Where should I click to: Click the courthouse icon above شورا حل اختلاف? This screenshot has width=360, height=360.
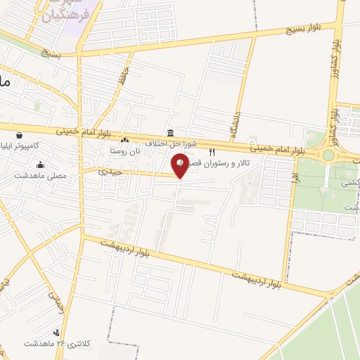[171, 134]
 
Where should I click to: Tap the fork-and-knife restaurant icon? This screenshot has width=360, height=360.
[212, 152]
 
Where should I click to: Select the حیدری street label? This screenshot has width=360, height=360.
[110, 171]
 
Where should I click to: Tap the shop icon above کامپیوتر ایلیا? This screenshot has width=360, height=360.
[18, 135]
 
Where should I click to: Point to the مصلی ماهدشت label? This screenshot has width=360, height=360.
[44, 176]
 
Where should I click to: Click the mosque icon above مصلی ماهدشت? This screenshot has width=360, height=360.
[41, 166]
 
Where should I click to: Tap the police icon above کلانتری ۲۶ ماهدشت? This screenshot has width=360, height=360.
[56, 333]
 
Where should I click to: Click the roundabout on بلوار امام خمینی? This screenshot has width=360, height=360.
[328, 155]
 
